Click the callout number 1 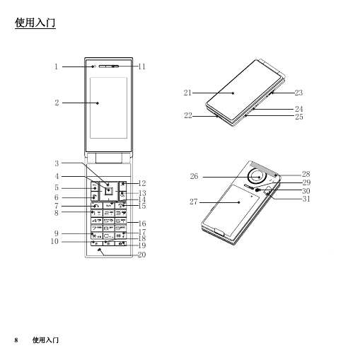56,66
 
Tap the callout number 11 141,66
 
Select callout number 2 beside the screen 57,103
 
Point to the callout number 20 141,255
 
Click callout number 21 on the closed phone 187,93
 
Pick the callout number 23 298,93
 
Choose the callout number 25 299,117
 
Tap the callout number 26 194,176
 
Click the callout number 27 194,202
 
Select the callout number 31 306,199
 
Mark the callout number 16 142,223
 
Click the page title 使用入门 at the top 35,23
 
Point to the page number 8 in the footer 16,340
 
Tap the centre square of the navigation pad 109,191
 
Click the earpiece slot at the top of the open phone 109,66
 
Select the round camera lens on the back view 257,177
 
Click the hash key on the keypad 121,236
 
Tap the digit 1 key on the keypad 97,214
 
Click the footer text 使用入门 45,340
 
